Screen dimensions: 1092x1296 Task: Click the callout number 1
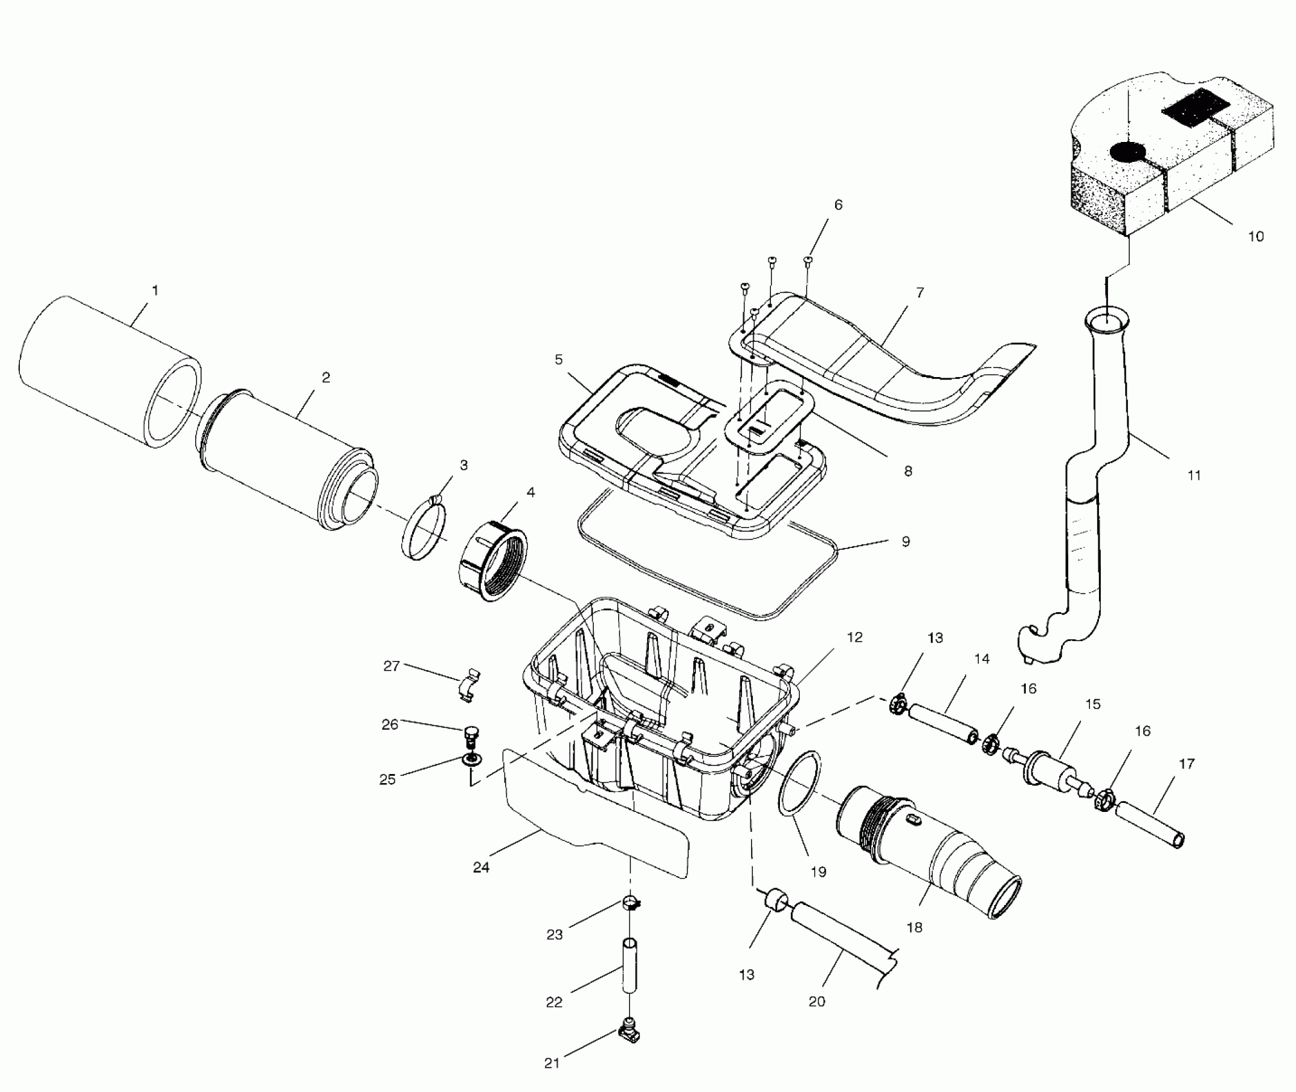[154, 290]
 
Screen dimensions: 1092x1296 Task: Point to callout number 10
[1256, 236]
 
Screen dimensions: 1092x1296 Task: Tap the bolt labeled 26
[472, 735]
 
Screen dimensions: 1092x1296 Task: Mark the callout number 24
[481, 867]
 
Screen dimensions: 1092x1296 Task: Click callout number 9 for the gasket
[905, 542]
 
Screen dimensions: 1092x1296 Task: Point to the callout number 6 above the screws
[838, 205]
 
